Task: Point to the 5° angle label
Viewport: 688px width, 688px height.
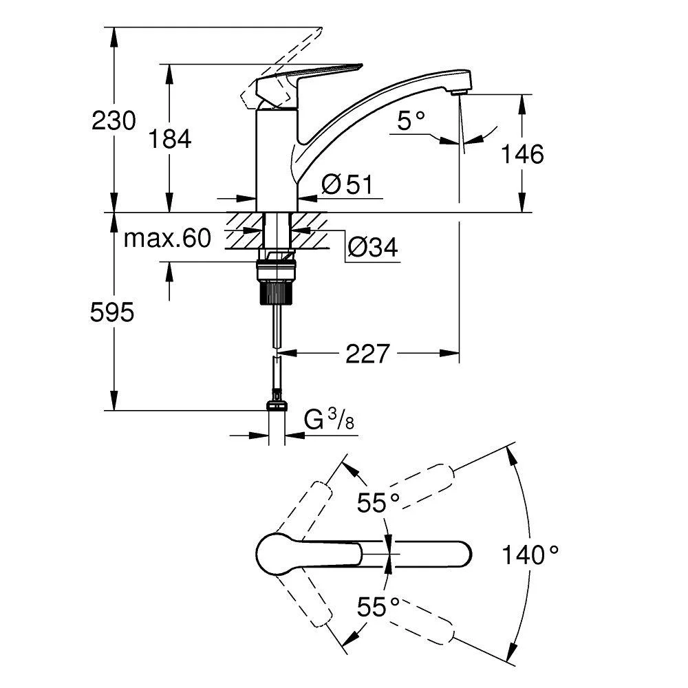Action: (x=411, y=122)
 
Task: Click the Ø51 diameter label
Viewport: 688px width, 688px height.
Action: (x=347, y=184)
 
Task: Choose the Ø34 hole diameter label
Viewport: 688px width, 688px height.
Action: (x=372, y=248)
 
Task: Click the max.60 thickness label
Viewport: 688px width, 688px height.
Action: (x=166, y=239)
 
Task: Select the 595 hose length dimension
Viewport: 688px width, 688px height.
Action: (x=113, y=313)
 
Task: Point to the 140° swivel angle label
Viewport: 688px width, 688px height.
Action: (x=530, y=554)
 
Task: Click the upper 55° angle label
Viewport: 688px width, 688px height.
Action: (x=378, y=504)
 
